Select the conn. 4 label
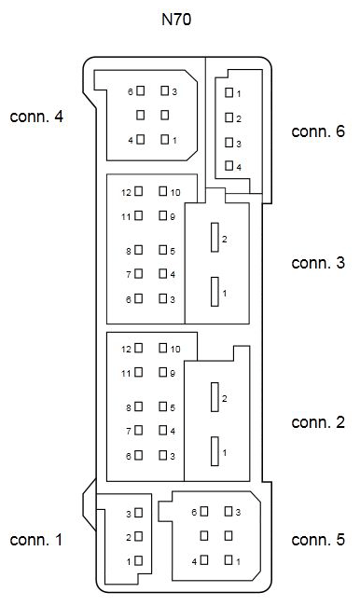coord(36,117)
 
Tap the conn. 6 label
coord(318,131)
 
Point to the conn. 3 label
coord(318,263)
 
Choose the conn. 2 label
coord(318,422)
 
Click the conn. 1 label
coord(36,540)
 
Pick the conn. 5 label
coord(318,540)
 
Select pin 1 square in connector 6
coord(228,93)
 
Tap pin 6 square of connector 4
coord(140,91)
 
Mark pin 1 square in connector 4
coord(164,140)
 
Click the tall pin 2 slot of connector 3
coord(215,239)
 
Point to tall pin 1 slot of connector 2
coord(215,451)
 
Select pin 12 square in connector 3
coord(139,191)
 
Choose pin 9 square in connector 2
coord(163,373)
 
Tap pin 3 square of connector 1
coord(138,514)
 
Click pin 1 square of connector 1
coord(138,561)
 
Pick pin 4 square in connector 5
coord(203,561)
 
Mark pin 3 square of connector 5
coord(228,512)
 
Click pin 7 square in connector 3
coord(139,274)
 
